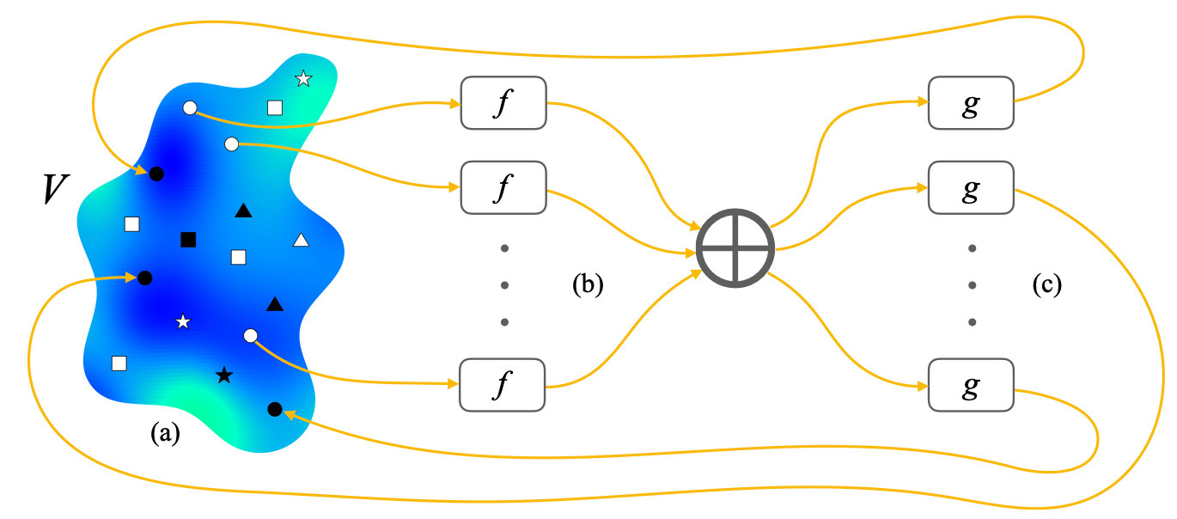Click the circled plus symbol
tap(735, 248)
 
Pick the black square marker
tap(188, 239)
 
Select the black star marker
tap(223, 375)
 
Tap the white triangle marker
tap(301, 240)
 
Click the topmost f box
tap(503, 103)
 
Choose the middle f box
tap(503, 187)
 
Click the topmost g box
tap(971, 103)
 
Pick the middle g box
tap(971, 187)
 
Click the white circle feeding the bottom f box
tap(251, 335)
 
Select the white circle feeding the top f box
tap(190, 107)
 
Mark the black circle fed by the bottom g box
tap(275, 408)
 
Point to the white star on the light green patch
tap(303, 79)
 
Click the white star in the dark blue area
tap(182, 321)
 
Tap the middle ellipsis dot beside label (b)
tap(504, 285)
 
